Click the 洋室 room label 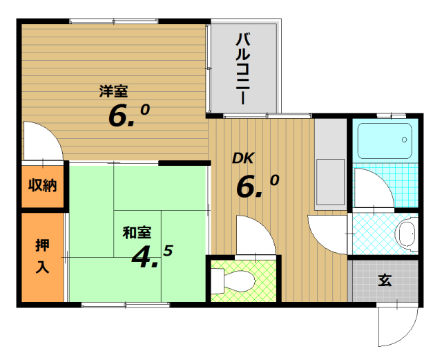(x=113, y=91)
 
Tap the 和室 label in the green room (x=137, y=232)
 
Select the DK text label (x=243, y=158)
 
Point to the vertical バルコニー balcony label (x=242, y=68)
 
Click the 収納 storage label (x=43, y=185)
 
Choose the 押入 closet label (x=43, y=256)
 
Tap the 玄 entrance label (x=385, y=280)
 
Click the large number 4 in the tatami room (x=142, y=257)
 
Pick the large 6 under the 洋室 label (x=117, y=115)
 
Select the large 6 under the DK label (x=246, y=187)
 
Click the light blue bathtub (x=385, y=141)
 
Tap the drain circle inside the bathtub (x=405, y=140)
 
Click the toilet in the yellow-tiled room (x=233, y=281)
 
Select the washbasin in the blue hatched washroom (x=407, y=234)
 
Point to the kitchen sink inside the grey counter (x=330, y=182)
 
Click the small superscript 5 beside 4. (x=168, y=251)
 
